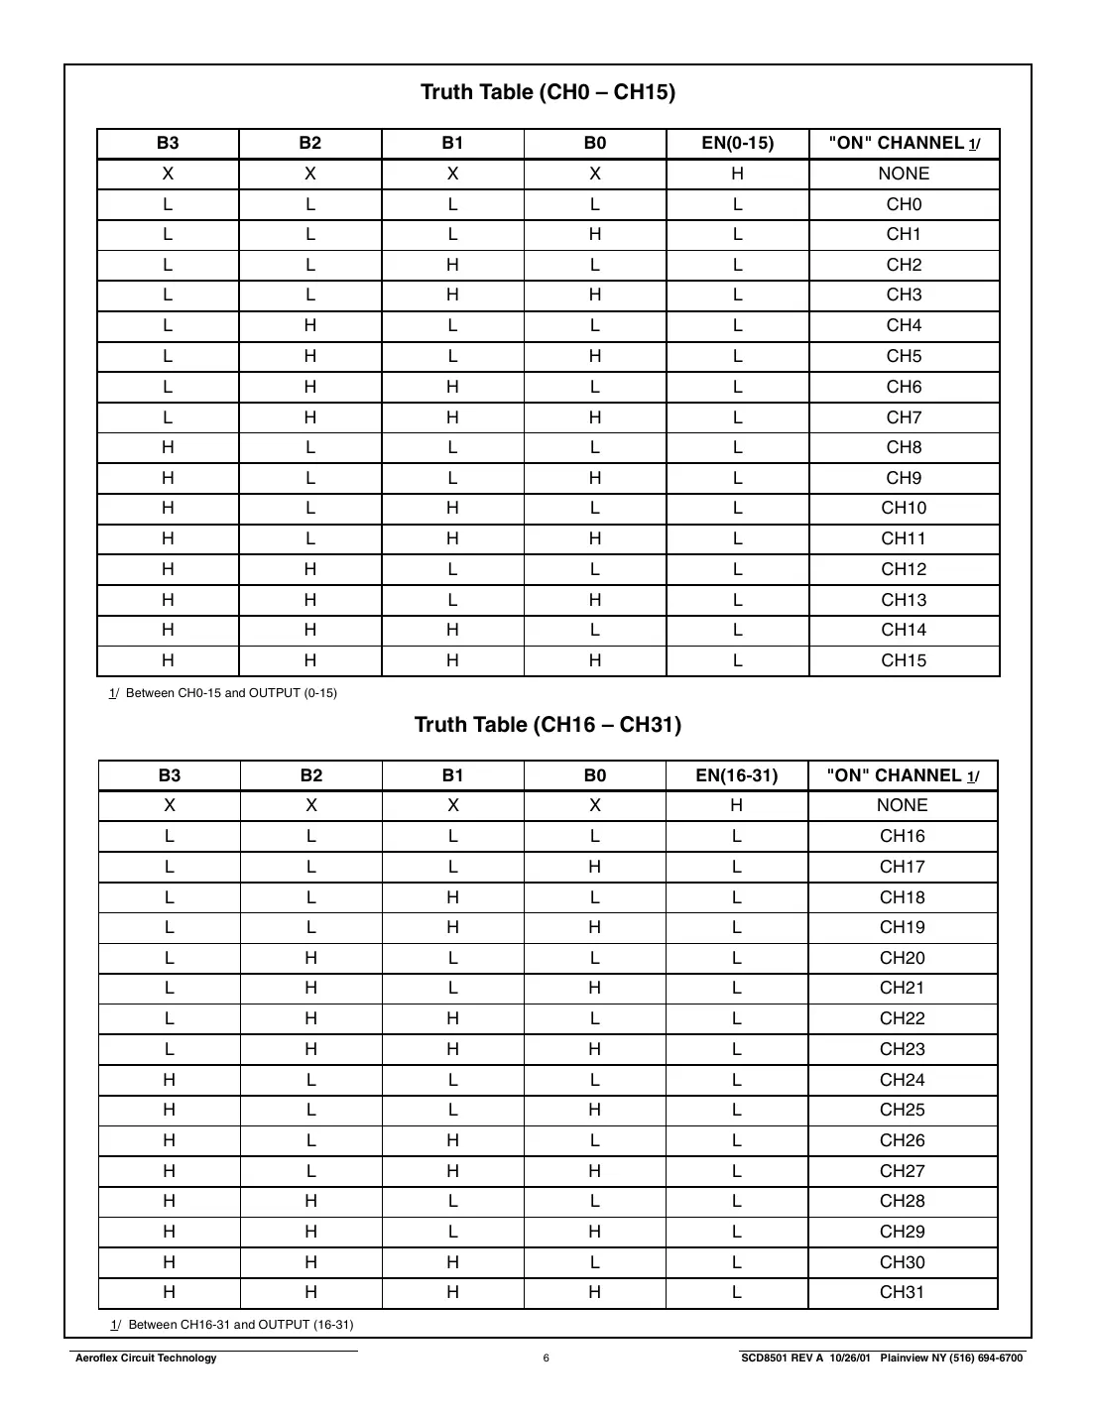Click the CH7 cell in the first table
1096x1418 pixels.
(904, 417)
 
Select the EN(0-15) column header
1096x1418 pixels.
(737, 143)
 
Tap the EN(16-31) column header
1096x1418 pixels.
(736, 775)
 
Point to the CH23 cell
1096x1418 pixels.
(902, 1049)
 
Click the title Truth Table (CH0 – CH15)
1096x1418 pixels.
(548, 92)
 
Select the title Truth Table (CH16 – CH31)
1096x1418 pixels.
(548, 725)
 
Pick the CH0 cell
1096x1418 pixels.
(904, 204)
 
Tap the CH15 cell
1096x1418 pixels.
(904, 660)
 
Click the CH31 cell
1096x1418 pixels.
(902, 1292)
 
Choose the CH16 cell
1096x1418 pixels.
(902, 836)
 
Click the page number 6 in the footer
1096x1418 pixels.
(547, 1359)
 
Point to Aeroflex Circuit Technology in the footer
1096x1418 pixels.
(146, 1359)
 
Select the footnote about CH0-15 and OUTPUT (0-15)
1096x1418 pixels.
(223, 693)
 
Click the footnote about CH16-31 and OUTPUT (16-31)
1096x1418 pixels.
(232, 1325)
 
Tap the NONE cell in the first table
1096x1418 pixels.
(904, 174)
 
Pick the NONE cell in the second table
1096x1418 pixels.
(902, 805)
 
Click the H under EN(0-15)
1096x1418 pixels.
(737, 174)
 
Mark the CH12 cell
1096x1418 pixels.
(904, 569)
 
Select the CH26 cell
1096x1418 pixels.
(902, 1140)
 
